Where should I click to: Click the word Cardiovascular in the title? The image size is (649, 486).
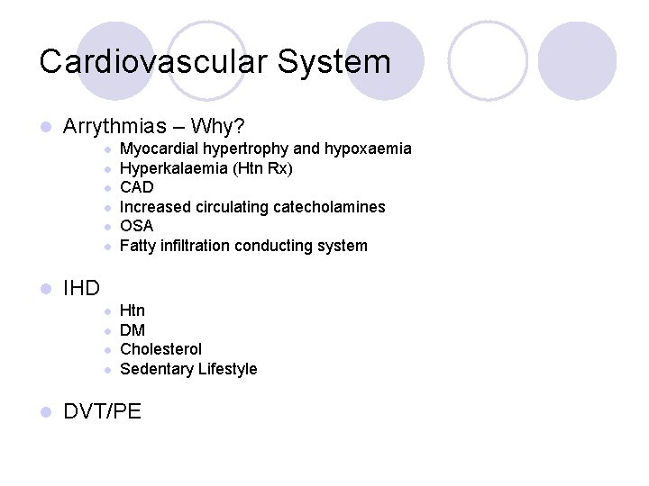[x=153, y=62]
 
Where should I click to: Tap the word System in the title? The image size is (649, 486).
[x=334, y=62]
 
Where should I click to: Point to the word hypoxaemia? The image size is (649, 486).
[x=368, y=148]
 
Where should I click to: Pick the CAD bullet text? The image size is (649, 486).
[x=137, y=187]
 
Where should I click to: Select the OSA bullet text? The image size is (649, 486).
[x=137, y=226]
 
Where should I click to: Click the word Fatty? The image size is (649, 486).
[x=139, y=246]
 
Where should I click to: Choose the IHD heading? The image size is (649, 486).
[x=81, y=288]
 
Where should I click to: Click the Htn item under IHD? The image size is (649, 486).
[x=133, y=310]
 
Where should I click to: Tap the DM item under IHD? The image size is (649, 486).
[x=133, y=330]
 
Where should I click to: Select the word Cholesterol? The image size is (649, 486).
[x=161, y=349]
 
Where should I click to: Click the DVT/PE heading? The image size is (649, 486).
[x=102, y=411]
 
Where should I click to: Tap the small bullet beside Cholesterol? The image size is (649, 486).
[x=107, y=350]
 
